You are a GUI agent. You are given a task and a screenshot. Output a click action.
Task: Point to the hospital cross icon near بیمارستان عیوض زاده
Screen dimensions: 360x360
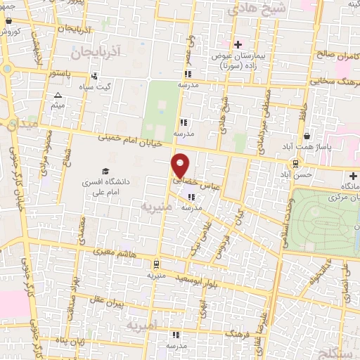click(238, 44)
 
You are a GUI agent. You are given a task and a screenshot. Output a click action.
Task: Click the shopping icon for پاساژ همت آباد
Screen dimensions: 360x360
click(307, 135)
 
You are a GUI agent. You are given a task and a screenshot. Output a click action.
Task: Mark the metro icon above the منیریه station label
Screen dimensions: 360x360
click(155, 264)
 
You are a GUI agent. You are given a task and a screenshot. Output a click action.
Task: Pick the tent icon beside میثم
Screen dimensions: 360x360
click(58, 95)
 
